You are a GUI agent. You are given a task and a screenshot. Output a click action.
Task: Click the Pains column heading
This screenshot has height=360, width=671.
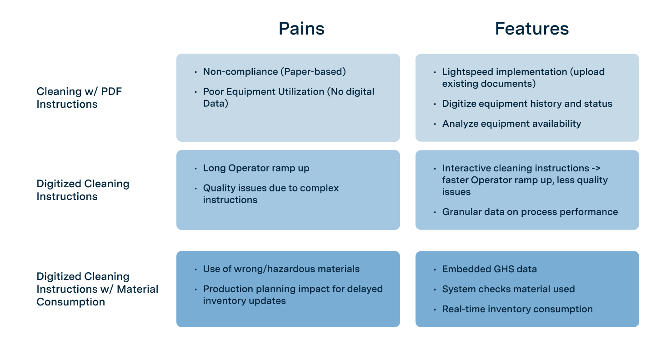[301, 29]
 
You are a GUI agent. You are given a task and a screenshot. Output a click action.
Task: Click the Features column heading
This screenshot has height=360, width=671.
[532, 29]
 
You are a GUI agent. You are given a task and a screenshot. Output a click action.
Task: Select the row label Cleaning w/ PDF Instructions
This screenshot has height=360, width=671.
[79, 98]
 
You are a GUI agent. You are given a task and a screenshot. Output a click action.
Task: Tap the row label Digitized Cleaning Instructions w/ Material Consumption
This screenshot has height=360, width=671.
[97, 289]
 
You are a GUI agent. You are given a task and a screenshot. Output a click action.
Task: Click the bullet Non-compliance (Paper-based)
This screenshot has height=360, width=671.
[275, 72]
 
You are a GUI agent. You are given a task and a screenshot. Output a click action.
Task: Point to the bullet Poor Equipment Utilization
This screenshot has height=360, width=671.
[289, 97]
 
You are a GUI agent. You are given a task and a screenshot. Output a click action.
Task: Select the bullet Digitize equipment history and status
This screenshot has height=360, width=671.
[527, 104]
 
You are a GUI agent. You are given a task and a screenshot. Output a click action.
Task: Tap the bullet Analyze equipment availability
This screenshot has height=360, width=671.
[511, 124]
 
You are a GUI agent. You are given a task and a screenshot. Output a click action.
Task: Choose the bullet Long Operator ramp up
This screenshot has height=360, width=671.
[256, 168]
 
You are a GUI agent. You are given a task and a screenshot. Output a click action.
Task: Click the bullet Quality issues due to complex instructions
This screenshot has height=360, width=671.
[271, 194]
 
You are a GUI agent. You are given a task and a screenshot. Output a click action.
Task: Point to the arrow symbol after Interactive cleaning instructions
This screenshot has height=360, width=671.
[596, 168]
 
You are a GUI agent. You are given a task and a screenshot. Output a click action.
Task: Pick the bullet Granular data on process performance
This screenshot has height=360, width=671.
[530, 212]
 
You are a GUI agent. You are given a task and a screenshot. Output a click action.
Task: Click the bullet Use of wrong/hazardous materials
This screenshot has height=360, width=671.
[281, 269]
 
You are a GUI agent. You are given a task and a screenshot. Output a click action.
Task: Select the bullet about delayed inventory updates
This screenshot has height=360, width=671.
[293, 295]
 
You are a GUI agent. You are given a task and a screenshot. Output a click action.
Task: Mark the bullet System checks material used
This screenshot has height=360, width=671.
[508, 289]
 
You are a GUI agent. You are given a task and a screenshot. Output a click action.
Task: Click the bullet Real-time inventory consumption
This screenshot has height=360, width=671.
[517, 309]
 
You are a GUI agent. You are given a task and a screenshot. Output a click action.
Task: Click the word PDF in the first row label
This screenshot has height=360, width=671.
[111, 91]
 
